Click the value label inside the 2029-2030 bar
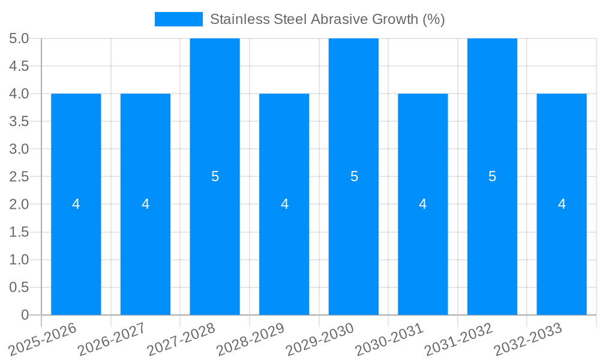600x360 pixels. click(354, 176)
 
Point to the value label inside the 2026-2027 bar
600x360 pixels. click(145, 204)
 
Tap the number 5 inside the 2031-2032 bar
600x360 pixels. click(492, 176)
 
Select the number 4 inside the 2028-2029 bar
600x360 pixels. click(284, 204)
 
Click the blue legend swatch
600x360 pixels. click(178, 19)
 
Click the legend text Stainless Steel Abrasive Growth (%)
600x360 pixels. click(327, 19)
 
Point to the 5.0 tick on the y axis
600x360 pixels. click(19, 38)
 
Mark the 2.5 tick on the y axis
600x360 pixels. click(19, 176)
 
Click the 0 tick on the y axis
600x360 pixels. click(25, 315)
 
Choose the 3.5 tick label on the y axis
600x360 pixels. click(19, 121)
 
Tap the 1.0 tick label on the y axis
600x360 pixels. click(19, 260)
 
